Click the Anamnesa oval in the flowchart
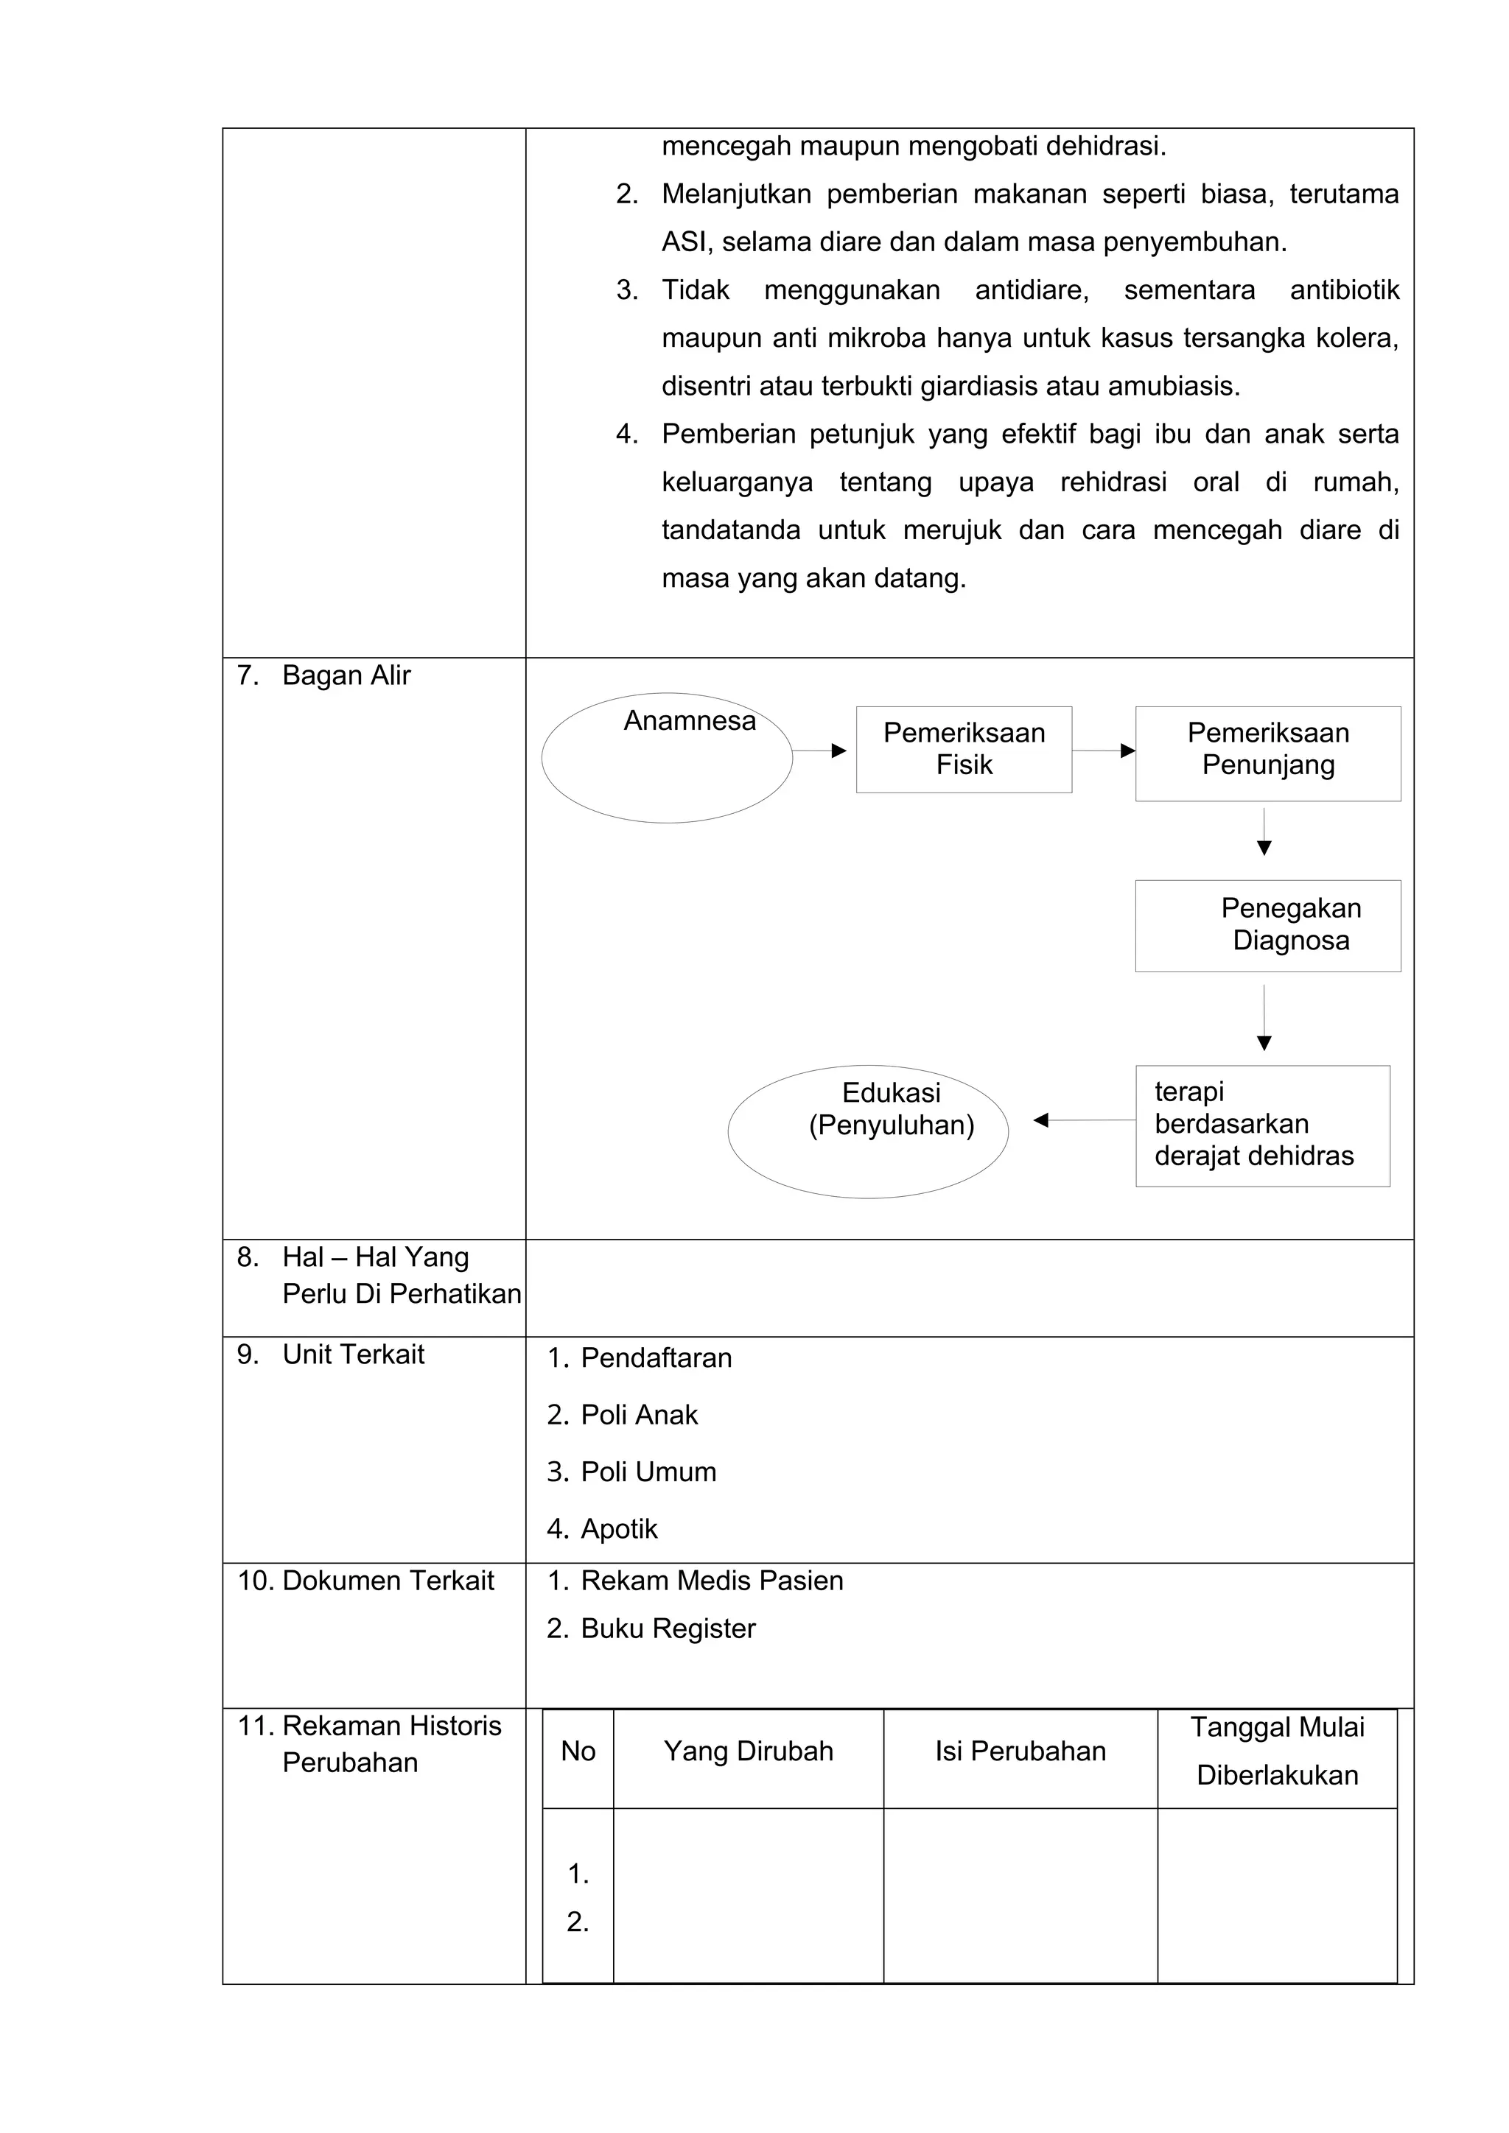pos(666,757)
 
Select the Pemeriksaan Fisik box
pos(964,749)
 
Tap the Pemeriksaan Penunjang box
pos(1267,753)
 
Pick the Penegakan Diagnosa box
pos(1267,925)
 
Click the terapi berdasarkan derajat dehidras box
pos(1262,1125)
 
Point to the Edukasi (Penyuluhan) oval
pos(867,1131)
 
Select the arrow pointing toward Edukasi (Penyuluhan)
pos(1083,1120)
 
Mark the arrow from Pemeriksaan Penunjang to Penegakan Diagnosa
pos(1264,832)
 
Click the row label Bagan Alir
pos(346,675)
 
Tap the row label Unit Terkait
pos(353,1354)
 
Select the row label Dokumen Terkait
pos(388,1581)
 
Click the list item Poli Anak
pos(638,1415)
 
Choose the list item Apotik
pos(619,1529)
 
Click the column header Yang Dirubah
pos(748,1751)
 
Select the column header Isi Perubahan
pos(1020,1751)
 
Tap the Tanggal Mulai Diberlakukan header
pos(1277,1751)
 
